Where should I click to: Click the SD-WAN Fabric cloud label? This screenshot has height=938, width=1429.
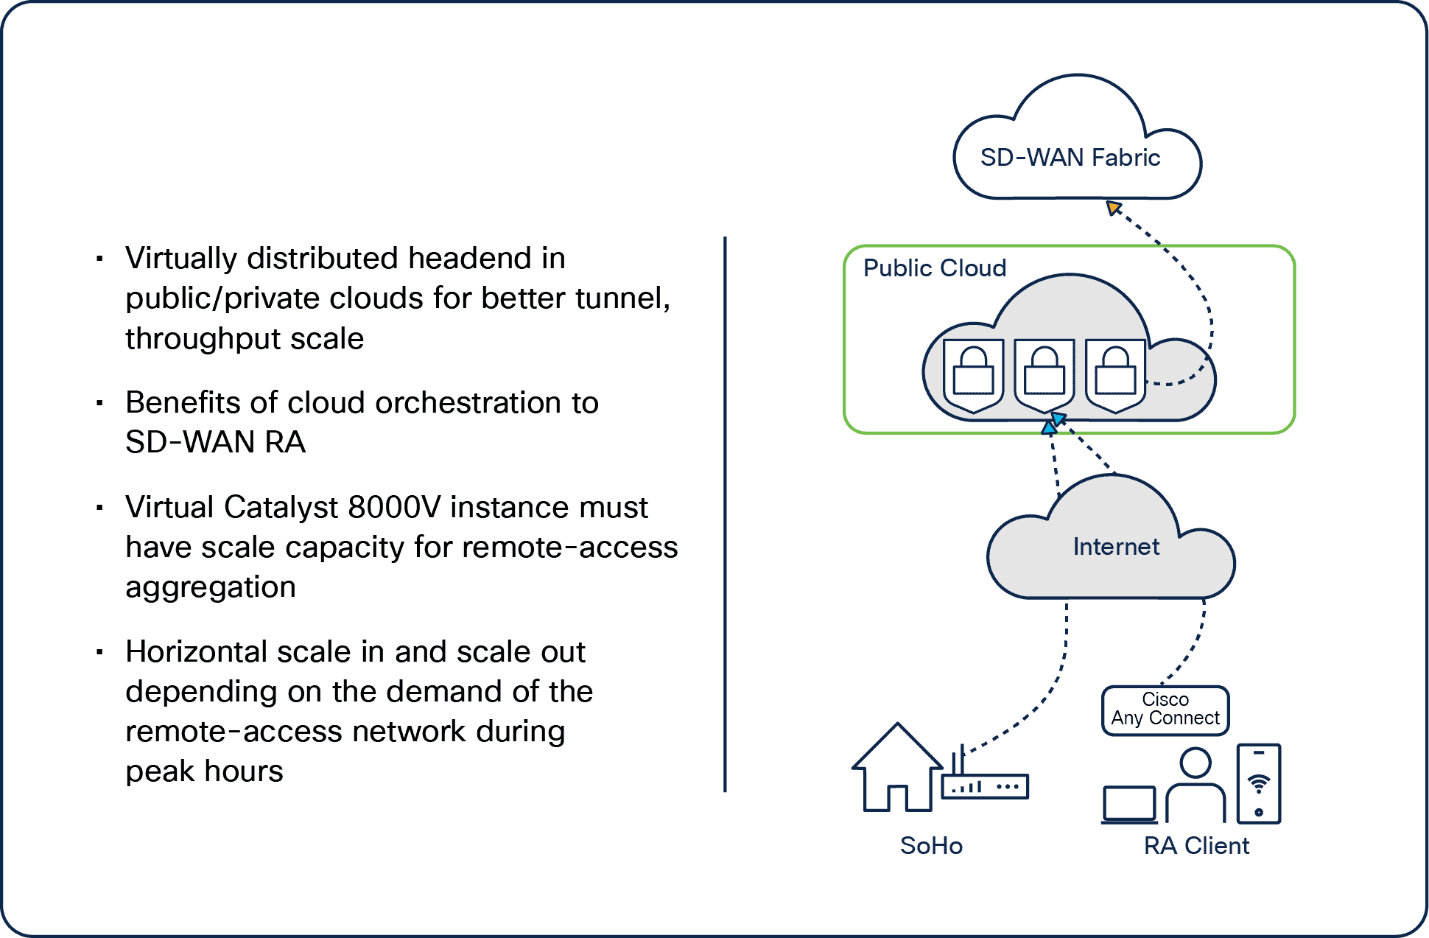tap(1070, 158)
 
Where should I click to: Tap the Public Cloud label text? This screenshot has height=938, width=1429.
tap(934, 268)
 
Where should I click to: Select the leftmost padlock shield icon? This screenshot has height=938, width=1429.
tap(973, 374)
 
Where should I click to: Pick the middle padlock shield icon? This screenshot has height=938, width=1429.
tap(1044, 374)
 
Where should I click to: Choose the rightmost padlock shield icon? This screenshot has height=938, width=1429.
tap(1114, 374)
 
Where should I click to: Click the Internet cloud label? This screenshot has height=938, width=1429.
tap(1116, 547)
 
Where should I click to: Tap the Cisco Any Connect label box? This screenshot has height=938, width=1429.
tap(1165, 710)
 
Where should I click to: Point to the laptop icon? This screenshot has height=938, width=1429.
tap(1128, 804)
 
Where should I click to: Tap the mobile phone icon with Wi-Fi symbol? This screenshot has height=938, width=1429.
tap(1258, 783)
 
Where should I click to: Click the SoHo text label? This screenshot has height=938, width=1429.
tap(931, 846)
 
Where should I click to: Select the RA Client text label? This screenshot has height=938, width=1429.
tap(1196, 846)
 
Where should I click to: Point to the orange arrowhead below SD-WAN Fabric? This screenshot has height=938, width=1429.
tap(1113, 208)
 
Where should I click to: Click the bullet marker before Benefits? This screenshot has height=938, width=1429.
tap(99, 403)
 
